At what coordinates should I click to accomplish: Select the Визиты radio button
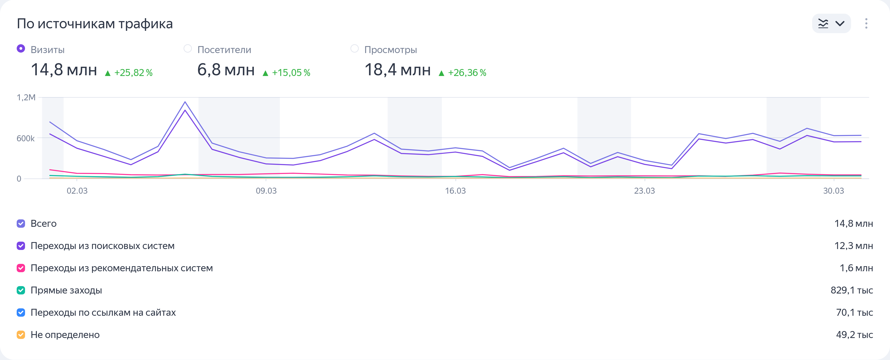point(21,49)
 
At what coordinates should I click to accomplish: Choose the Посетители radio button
point(188,49)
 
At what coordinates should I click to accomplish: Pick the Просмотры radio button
point(354,49)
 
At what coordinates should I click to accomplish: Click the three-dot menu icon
point(866,23)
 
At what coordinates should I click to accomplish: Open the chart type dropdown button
point(831,23)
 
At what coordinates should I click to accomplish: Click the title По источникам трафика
point(95,24)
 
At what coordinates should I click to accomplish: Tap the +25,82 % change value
point(133,73)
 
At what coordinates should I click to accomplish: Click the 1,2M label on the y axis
point(26,98)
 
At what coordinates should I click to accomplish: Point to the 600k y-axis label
point(25,139)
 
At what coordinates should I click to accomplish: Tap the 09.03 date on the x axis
point(266,191)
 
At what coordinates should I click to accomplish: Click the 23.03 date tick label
point(644,191)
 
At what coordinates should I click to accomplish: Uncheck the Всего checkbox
point(21,224)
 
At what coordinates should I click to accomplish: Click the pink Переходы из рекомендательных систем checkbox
point(21,268)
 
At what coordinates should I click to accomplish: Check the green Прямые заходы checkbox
point(21,290)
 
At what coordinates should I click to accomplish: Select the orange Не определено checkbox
point(21,335)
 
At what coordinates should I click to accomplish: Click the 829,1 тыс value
point(852,290)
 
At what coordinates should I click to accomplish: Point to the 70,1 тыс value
point(854,313)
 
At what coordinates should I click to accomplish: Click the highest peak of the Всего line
point(185,102)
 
